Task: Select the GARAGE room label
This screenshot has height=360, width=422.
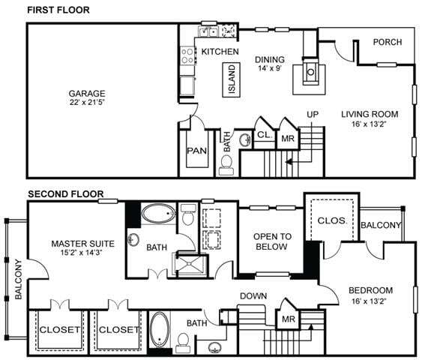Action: coord(87,94)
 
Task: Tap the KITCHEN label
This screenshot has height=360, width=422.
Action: coord(220,52)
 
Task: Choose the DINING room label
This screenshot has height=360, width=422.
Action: coord(270,59)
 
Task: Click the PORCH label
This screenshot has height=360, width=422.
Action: coord(388,42)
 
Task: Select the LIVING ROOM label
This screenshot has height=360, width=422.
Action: coord(370,115)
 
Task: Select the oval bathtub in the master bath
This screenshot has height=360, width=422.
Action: coord(157,215)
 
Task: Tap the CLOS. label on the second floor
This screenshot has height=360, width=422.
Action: coord(331,222)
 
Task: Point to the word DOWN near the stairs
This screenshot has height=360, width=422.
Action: coord(253,295)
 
